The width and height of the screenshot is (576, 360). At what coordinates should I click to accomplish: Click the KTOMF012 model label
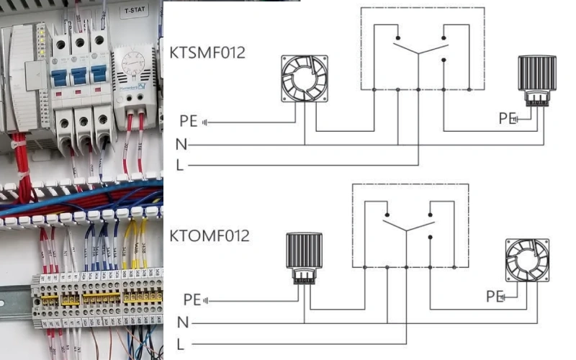click(x=209, y=235)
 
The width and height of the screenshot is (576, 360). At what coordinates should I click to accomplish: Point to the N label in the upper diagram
click(x=181, y=145)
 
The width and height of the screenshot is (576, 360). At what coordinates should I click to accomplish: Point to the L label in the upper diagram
click(x=179, y=165)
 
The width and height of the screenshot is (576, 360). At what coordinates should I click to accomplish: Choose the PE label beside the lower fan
click(x=494, y=296)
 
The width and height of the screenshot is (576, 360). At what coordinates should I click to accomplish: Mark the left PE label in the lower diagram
click(x=192, y=299)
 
